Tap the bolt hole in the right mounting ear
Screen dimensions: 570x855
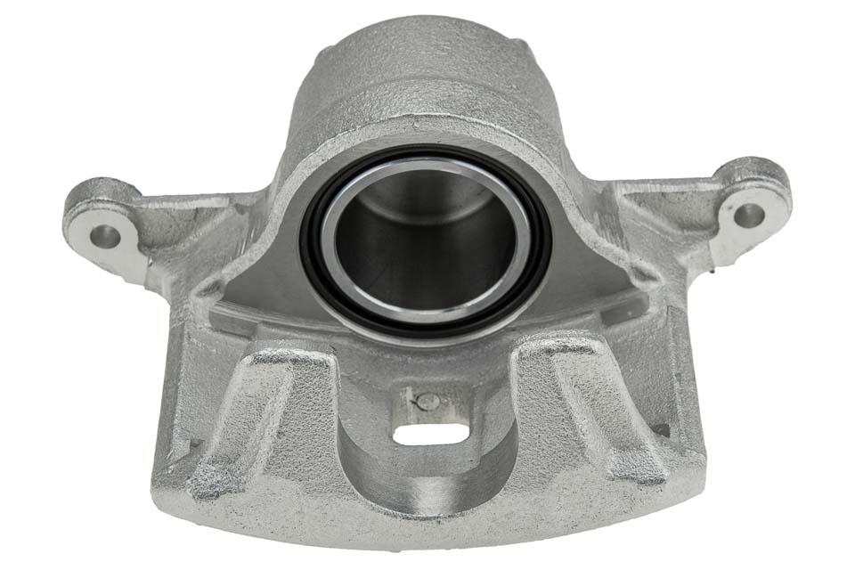[748, 215]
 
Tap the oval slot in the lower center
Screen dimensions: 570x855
[430, 434]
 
